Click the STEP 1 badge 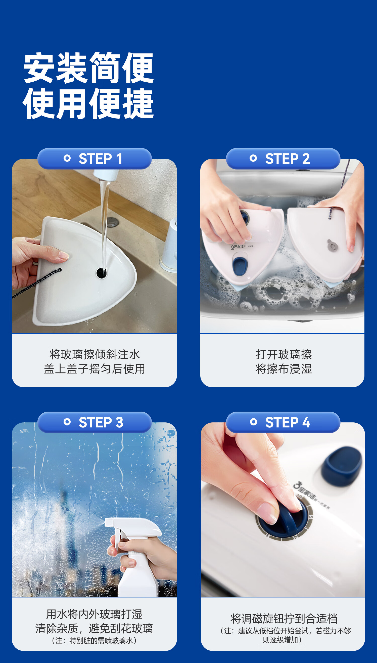95,158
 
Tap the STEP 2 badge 283,158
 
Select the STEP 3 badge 95,422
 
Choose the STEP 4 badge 283,422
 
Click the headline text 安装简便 89,68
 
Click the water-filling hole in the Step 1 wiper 101,273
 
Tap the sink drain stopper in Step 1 113,222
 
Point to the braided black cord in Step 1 36,284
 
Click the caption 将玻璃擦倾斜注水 95,354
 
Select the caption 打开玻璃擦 284,354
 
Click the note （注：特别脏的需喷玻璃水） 94,641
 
